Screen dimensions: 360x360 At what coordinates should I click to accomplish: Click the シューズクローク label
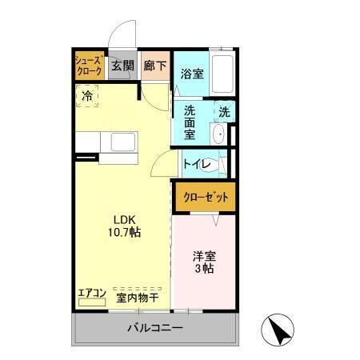click(88, 66)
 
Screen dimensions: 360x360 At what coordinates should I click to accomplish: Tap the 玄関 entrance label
click(122, 66)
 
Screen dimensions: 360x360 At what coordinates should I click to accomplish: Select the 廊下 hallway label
click(155, 66)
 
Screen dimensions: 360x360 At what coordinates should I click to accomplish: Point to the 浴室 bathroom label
click(191, 74)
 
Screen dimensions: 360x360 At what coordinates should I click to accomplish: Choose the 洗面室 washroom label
click(190, 122)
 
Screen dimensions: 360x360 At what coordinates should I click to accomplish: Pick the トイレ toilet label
click(197, 165)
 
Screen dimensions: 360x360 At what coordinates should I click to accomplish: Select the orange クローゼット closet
click(206, 197)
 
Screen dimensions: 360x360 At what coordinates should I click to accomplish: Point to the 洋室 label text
click(203, 258)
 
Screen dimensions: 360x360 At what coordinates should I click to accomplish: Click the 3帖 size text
click(203, 270)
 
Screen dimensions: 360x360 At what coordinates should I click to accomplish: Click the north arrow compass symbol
click(277, 330)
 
